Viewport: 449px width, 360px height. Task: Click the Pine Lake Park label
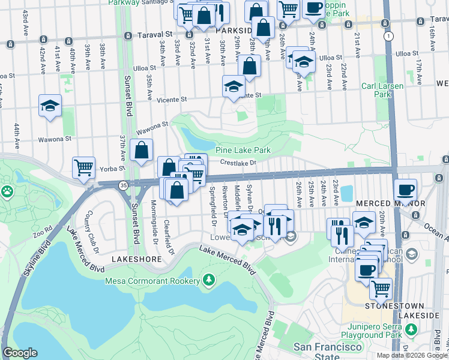pos(243,150)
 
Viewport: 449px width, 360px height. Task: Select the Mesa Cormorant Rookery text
pos(152,280)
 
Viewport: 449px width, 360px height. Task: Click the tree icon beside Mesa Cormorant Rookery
pos(208,280)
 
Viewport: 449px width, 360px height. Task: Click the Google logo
pos(20,353)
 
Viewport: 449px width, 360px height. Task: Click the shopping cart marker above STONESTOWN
pos(380,289)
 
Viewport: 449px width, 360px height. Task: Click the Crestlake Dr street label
pos(238,162)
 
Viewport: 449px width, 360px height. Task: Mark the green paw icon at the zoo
pos(7,192)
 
